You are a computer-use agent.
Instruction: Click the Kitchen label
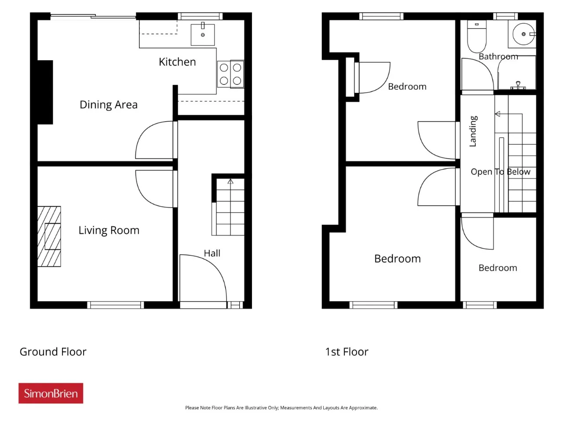pos(177,62)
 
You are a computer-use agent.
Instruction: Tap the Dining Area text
pos(109,105)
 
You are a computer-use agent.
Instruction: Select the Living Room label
pos(109,230)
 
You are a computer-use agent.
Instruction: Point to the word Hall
pos(212,253)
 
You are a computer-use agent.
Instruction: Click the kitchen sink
pos(203,35)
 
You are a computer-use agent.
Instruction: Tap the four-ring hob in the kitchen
pos(230,74)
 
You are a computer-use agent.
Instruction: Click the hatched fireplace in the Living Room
pos(49,236)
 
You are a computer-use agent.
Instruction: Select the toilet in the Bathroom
pos(476,36)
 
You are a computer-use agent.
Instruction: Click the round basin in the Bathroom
pos(523,34)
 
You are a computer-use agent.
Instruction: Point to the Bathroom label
pos(498,56)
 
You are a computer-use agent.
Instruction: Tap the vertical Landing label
pos(473,131)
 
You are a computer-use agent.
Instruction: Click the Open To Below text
pos(501,172)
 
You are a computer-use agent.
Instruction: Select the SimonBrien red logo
pos(51,393)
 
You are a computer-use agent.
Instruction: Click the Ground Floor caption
pos(53,352)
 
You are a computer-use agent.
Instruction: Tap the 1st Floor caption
pos(347,352)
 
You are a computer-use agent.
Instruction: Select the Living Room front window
pos(115,305)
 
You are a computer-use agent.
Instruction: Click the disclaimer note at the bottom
pos(281,407)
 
